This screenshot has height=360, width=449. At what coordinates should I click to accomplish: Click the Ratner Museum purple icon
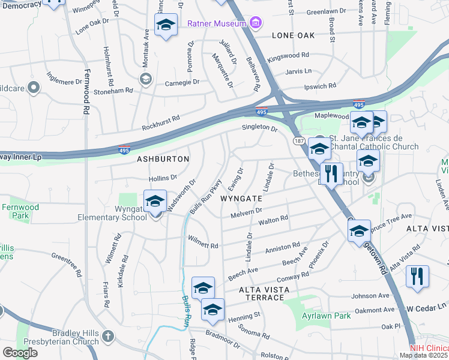[x=256, y=23]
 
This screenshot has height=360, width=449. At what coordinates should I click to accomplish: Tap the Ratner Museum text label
[x=217, y=24]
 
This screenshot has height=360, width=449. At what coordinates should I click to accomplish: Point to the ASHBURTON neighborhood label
[x=163, y=159]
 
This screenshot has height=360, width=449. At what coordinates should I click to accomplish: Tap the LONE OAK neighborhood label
[x=293, y=35]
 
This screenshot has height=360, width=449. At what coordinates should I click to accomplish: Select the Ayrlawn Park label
[x=326, y=316]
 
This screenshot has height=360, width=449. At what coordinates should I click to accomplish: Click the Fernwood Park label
[x=20, y=211]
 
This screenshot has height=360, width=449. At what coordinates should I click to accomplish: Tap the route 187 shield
[x=299, y=140]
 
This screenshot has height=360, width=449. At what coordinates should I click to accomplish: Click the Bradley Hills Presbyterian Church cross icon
[x=107, y=335]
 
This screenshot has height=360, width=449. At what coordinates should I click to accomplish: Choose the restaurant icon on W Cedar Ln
[x=417, y=277]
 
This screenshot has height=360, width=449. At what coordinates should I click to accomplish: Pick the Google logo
[x=20, y=353]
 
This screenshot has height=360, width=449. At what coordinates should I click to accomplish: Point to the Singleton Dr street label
[x=259, y=128]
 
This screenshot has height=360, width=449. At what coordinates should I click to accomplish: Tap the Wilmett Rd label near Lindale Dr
[x=202, y=245]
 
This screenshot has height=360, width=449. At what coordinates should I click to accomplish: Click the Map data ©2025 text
[x=424, y=355]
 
